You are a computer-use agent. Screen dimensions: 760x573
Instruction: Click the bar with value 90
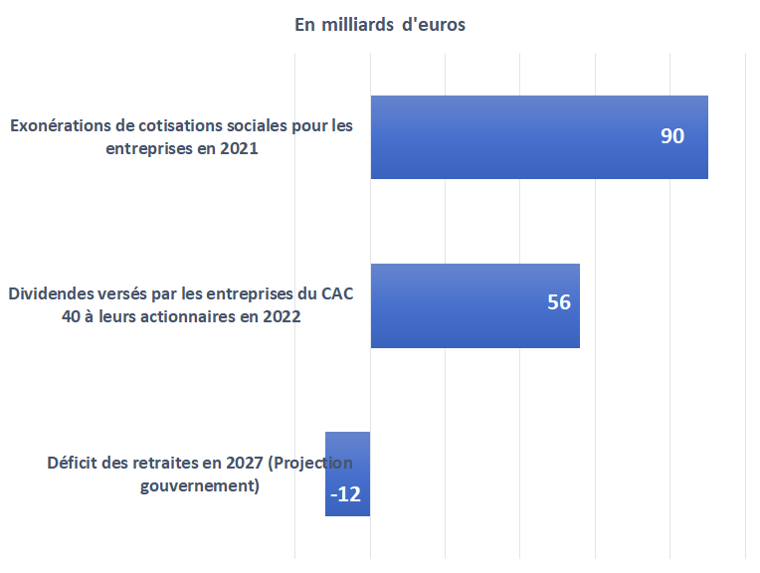click(x=539, y=137)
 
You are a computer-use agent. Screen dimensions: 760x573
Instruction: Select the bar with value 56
click(x=475, y=305)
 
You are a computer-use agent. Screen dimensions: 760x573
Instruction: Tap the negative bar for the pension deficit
click(x=347, y=475)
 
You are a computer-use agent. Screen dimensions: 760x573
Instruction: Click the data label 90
click(x=672, y=136)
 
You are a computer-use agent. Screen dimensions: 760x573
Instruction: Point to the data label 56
click(x=559, y=302)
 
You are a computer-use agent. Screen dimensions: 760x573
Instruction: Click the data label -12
click(x=345, y=494)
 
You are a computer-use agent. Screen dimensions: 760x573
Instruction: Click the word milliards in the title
click(x=358, y=24)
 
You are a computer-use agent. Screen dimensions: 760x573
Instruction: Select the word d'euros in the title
click(x=434, y=24)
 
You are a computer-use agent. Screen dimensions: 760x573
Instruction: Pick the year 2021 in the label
click(x=239, y=148)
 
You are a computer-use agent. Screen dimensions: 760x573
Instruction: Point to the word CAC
click(x=337, y=293)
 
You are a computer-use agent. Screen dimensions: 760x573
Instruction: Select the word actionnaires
click(x=190, y=316)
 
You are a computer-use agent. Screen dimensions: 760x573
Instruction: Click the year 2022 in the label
click(x=282, y=316)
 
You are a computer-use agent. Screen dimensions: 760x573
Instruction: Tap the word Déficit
click(x=73, y=463)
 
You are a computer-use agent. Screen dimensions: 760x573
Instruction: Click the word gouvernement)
click(x=200, y=485)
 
